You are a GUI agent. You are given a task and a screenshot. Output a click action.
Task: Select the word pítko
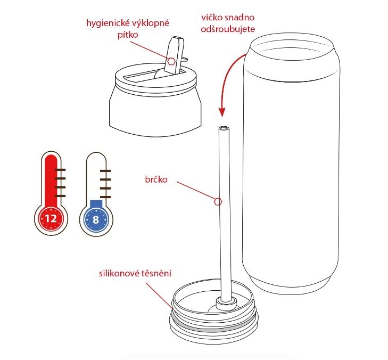[128, 35]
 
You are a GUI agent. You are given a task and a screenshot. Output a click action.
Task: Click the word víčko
[212, 18]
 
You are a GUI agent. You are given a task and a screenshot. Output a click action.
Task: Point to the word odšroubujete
[228, 29]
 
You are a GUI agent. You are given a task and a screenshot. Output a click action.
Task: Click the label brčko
[156, 179]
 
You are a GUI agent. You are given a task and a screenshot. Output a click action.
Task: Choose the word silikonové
[120, 273]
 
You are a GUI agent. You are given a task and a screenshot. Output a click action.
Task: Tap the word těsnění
[156, 273]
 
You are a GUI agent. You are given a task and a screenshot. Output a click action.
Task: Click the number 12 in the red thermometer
[51, 219]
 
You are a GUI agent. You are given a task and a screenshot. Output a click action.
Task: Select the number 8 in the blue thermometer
[96, 219]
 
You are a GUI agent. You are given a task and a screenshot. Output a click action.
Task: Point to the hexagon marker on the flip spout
[171, 61]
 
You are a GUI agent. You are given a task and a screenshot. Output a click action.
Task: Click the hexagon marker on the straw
[218, 201]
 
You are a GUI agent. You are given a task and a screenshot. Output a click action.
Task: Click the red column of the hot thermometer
[51, 183]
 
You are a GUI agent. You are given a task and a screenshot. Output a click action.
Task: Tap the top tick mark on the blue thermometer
[105, 170]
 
